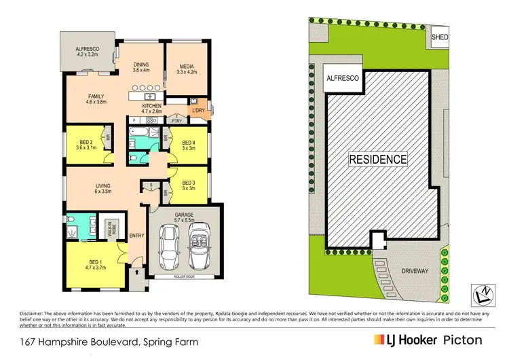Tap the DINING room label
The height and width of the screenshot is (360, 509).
tap(140, 65)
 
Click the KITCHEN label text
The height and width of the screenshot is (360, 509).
tap(151, 106)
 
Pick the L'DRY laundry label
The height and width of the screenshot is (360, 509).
tap(199, 109)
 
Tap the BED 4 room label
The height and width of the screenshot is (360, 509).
tap(189, 143)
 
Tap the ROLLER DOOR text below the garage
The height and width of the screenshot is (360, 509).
tap(183, 276)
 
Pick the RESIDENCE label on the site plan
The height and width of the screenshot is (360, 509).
tap(378, 160)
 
